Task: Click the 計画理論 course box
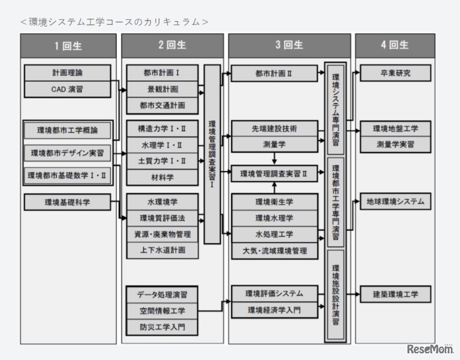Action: [x=67, y=73]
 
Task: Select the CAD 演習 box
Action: [x=67, y=89]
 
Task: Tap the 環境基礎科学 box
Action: [x=67, y=202]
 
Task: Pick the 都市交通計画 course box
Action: [x=162, y=105]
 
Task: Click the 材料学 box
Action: [x=162, y=177]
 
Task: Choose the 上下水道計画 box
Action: [x=162, y=250]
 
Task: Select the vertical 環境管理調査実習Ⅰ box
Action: [x=212, y=154]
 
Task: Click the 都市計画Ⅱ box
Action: [x=274, y=74]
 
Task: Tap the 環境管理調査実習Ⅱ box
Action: [x=274, y=174]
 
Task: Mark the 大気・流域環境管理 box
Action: [x=274, y=251]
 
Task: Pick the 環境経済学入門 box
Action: [x=274, y=310]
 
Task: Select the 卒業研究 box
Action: [x=396, y=74]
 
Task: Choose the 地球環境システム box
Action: [x=396, y=201]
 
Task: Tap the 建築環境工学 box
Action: [x=396, y=294]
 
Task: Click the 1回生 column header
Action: [x=68, y=46]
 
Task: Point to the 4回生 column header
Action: [x=395, y=45]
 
